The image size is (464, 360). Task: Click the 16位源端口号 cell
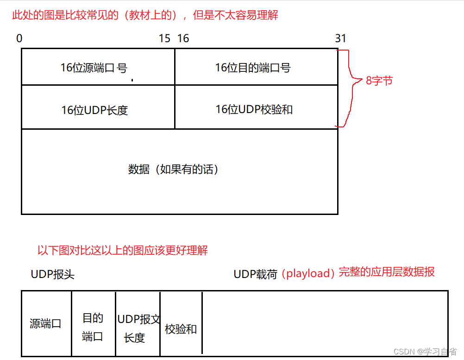[x=98, y=68]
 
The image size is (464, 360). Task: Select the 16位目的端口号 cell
[x=256, y=68]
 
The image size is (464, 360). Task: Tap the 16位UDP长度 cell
[x=98, y=110]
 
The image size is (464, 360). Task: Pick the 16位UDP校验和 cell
[x=256, y=109]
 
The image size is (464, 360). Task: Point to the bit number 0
[x=19, y=38]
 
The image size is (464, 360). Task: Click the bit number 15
[x=164, y=38]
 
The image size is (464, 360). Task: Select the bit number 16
[x=183, y=38]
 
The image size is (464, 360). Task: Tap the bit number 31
[x=340, y=38]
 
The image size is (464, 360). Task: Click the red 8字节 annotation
[x=379, y=81]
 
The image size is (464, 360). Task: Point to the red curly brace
[x=351, y=88]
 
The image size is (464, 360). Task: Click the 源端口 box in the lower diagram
[x=46, y=323]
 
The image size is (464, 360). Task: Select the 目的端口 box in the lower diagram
[x=93, y=327]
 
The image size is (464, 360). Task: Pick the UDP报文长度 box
[x=138, y=328]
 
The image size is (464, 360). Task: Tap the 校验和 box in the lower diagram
[x=181, y=329]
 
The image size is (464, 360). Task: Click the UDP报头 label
[x=53, y=274]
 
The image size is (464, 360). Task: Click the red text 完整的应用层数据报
[x=387, y=272]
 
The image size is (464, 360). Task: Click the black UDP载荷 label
[x=255, y=274]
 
